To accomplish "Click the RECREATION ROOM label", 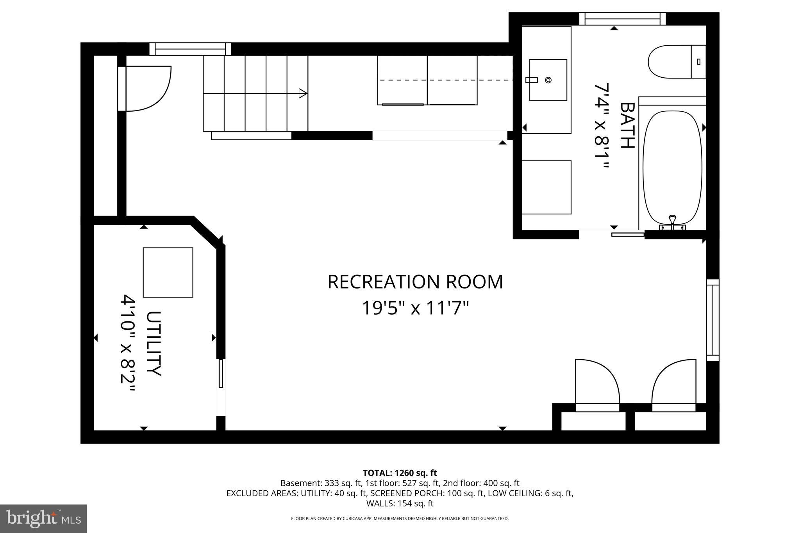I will click(x=415, y=282).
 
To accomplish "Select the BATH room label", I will click(x=627, y=125).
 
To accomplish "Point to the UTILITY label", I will click(x=154, y=344).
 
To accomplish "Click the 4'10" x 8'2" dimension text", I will click(x=128, y=344).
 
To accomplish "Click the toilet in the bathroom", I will click(x=676, y=62).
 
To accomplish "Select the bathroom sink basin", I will click(x=548, y=80).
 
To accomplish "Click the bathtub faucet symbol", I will click(x=672, y=222).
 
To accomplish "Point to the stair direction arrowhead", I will click(x=303, y=93).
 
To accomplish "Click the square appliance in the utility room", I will click(x=168, y=272).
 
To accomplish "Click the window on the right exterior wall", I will click(x=712, y=320).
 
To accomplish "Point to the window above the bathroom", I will click(x=622, y=19).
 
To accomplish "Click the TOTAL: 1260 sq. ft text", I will click(x=400, y=473).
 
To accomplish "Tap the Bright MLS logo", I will click(x=43, y=519).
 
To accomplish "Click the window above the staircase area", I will click(x=190, y=49).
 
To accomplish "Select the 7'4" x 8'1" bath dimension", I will click(x=602, y=125).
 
